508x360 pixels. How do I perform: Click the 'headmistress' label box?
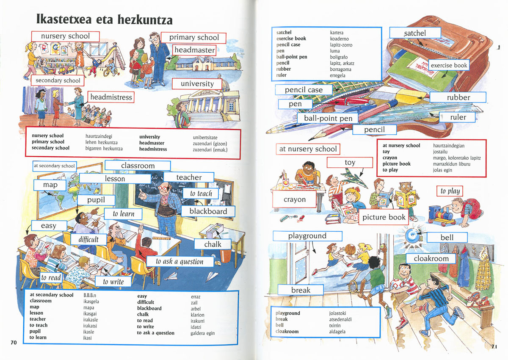click(x=111, y=97)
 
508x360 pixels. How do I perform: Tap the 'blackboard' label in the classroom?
click(x=208, y=211)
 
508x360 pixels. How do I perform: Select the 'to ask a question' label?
click(x=180, y=261)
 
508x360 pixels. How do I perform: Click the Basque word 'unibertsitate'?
click(x=205, y=138)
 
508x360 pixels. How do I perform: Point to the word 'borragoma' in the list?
click(x=340, y=69)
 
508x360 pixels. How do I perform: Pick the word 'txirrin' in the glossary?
click(x=335, y=325)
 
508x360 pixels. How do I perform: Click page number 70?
click(x=14, y=342)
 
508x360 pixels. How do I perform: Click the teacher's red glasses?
click(x=163, y=188)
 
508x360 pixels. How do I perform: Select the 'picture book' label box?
click(x=384, y=217)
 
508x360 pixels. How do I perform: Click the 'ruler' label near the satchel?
click(x=458, y=117)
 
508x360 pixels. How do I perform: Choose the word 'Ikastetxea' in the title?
click(x=64, y=19)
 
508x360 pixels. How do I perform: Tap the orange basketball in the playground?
click(x=350, y=249)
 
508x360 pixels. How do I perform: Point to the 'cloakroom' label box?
click(x=431, y=258)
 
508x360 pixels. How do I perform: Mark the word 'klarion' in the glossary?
click(x=197, y=315)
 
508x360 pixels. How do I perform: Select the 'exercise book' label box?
click(x=449, y=65)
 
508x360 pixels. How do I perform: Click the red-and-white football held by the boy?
click(x=396, y=287)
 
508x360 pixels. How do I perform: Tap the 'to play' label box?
click(x=450, y=191)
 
